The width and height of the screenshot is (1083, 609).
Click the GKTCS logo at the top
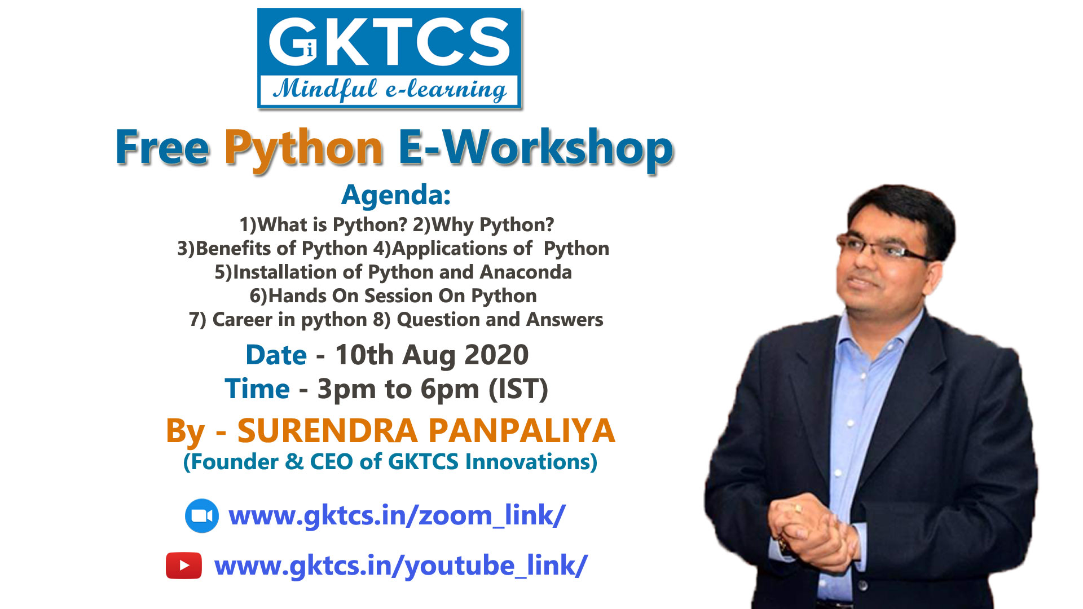[x=389, y=58]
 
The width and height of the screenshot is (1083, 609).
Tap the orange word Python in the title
[x=304, y=148]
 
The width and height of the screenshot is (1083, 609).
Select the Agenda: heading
[x=396, y=195]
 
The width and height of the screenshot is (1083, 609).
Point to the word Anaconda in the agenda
[x=526, y=272]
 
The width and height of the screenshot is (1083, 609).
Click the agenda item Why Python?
[x=483, y=225]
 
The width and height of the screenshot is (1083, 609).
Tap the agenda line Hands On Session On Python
[x=393, y=296]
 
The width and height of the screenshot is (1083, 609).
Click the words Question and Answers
[x=500, y=320]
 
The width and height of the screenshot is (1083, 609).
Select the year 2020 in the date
[x=496, y=355]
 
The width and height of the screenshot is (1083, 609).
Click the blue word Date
[x=276, y=355]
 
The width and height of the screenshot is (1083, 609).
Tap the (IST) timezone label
[x=518, y=389]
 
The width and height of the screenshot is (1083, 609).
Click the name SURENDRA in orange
[x=327, y=431]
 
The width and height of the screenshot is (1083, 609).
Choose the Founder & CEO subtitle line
[x=390, y=462]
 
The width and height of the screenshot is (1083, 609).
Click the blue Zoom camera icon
[x=202, y=516]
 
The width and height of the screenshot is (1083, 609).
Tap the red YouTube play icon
[x=184, y=566]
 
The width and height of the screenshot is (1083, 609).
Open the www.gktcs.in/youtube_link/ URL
[x=400, y=566]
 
